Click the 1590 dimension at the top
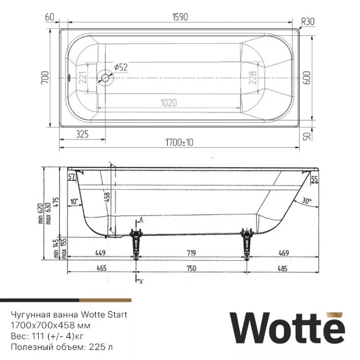181,17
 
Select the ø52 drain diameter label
121,67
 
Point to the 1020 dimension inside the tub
168,102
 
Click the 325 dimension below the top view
81,133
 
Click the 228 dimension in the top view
253,78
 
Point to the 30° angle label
306,201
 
